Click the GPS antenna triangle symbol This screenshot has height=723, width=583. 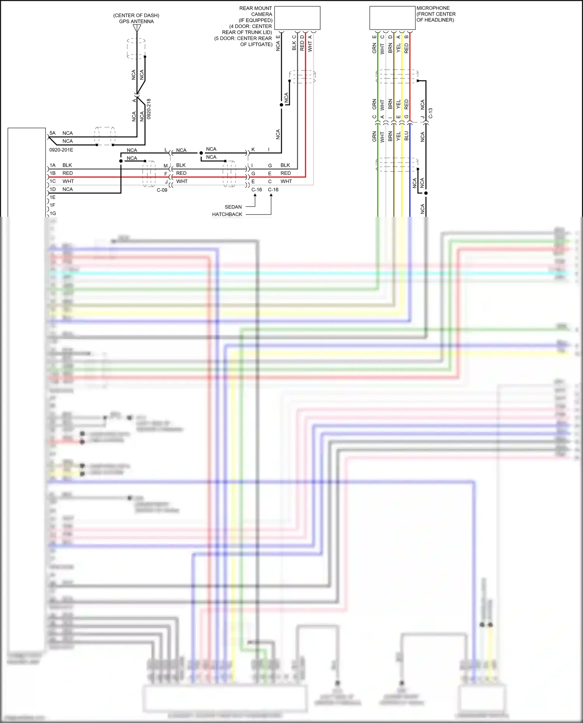point(137,28)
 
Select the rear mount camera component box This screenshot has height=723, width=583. point(297,18)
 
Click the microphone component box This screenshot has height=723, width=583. point(392,18)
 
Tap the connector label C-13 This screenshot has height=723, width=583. point(431,113)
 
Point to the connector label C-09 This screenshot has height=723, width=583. point(162,190)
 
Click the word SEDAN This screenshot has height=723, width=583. point(233,207)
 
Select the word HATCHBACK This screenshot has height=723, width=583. point(227,214)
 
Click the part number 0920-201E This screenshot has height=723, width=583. point(61,150)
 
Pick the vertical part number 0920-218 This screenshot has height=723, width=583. point(149,109)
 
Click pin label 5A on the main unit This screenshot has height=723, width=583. point(52,133)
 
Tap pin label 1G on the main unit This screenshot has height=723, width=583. point(52,213)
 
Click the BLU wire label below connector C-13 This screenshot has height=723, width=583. point(407,136)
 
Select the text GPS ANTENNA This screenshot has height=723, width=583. point(136,21)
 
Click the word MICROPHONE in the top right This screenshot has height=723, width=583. point(433,8)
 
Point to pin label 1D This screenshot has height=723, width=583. point(52,189)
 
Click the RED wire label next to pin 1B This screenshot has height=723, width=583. point(68,173)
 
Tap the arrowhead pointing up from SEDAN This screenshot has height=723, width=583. point(255,195)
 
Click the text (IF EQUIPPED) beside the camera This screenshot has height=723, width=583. point(255,20)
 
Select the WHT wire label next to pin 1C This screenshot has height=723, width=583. point(68,181)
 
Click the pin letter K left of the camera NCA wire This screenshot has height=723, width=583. point(253,150)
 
